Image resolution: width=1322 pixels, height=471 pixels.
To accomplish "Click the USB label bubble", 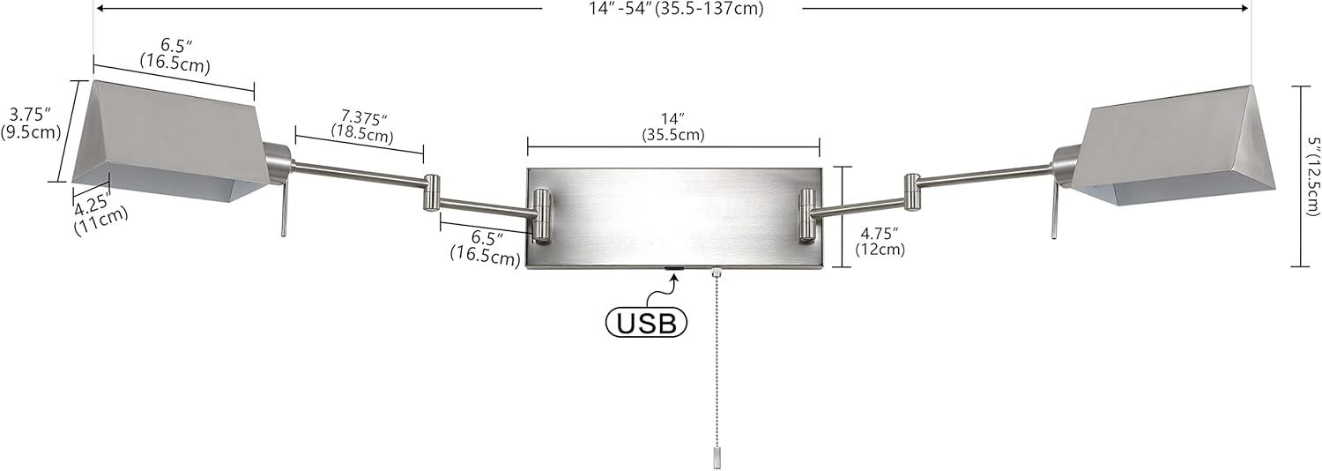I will click(x=646, y=322).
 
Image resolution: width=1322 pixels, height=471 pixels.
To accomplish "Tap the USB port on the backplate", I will click(x=674, y=268).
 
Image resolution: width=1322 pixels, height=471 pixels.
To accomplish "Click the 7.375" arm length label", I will click(x=361, y=125).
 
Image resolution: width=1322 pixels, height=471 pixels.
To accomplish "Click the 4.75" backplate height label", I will click(x=880, y=241).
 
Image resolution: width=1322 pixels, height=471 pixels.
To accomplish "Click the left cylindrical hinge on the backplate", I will click(x=541, y=215).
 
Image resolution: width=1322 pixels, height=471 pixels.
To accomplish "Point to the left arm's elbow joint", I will click(x=432, y=192).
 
